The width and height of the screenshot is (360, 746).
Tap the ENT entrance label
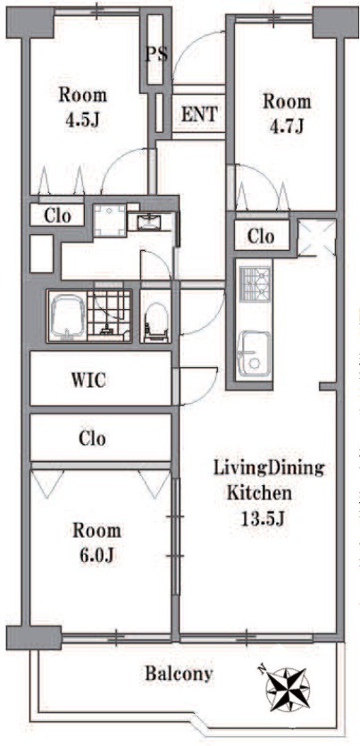pos(199,114)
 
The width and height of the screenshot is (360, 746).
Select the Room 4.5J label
pos(82,107)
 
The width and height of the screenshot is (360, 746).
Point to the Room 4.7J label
pos(288,113)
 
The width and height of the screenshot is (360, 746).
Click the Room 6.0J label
pos(96,542)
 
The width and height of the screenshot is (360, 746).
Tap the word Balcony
pos(179,674)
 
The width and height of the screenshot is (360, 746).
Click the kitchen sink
pos(254,355)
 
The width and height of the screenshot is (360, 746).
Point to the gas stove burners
pos(255,284)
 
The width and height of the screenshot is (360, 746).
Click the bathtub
pos(68,315)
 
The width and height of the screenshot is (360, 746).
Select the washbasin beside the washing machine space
pos(149,222)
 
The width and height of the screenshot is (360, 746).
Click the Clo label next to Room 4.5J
pos(57,216)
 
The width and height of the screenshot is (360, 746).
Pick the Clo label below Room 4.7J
pos(261,236)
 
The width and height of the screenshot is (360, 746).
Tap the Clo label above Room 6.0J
pos(92,438)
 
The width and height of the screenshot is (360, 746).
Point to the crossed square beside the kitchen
pos(316,238)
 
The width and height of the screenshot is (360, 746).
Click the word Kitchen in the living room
pos(259,493)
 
